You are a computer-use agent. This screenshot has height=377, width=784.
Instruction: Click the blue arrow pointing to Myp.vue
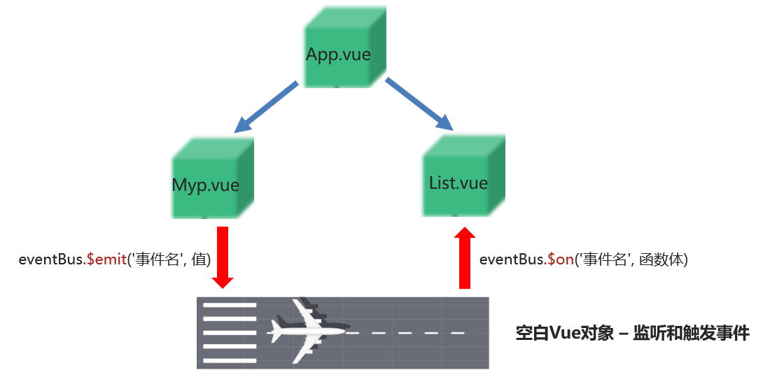point(265,107)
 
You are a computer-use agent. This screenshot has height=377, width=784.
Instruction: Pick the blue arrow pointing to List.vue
point(419,105)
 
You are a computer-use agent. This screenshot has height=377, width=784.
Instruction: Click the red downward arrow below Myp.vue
point(223,257)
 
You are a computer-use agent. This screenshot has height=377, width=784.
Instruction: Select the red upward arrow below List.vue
point(464,257)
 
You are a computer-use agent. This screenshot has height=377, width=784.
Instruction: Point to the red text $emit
point(106,259)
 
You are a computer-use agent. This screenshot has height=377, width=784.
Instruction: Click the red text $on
point(560,259)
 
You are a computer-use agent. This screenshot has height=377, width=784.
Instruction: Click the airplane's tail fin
point(281,322)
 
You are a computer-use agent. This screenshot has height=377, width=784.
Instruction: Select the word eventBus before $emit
point(50,259)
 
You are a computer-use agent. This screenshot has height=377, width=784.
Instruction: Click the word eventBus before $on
point(512,259)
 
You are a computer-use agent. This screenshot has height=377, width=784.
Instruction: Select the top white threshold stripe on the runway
point(230,306)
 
